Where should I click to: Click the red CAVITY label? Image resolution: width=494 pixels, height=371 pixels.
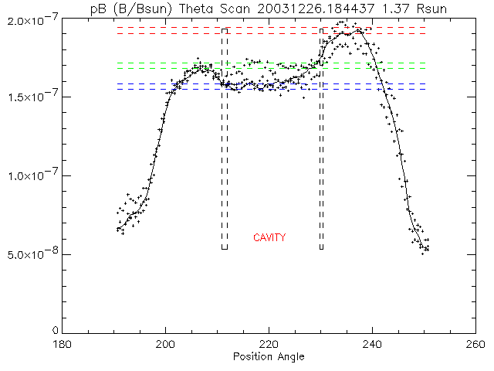[269, 237]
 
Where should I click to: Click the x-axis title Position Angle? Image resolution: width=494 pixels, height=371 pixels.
[269, 356]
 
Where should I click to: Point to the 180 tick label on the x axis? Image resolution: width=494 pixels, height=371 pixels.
[62, 345]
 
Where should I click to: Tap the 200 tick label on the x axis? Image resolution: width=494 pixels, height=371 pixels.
[165, 345]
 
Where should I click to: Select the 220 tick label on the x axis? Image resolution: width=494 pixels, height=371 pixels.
[269, 345]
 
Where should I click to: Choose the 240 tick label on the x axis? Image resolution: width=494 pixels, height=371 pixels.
[373, 345]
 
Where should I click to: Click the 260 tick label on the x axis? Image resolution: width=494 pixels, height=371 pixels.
[475, 345]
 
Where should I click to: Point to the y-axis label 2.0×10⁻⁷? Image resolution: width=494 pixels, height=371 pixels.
[30, 18]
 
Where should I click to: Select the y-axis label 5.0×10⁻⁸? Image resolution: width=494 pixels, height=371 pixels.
[30, 254]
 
